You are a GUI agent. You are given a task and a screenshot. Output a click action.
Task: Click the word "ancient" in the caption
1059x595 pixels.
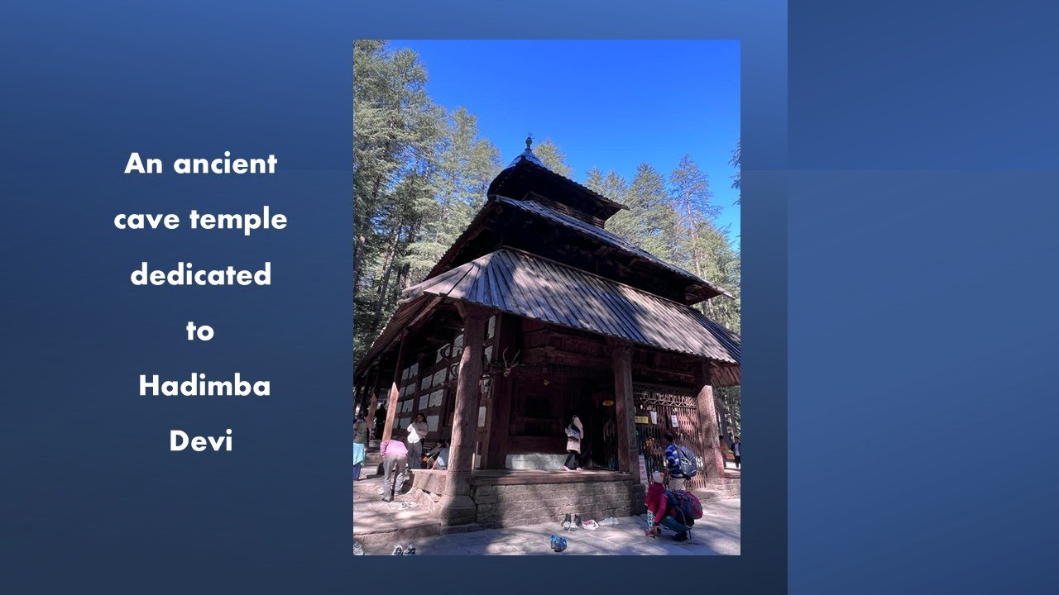click(x=225, y=164)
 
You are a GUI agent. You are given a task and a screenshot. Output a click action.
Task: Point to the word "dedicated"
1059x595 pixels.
click(x=200, y=274)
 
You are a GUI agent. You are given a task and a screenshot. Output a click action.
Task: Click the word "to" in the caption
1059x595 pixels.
click(x=199, y=331)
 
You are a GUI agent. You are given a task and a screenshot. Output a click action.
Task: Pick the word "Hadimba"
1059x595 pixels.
click(x=204, y=386)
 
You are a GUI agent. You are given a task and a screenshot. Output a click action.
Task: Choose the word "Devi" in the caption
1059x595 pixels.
click(x=200, y=441)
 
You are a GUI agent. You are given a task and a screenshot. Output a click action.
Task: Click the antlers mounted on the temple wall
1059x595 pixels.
click(x=510, y=361)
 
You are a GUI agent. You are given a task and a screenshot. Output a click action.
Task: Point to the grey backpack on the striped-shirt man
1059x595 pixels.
click(x=687, y=462)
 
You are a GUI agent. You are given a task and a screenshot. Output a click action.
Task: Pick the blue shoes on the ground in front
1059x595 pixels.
click(x=559, y=543)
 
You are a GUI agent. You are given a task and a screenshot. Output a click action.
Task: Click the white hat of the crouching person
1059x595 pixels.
click(x=659, y=478)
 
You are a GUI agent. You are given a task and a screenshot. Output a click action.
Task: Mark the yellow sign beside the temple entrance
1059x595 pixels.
click(x=640, y=419)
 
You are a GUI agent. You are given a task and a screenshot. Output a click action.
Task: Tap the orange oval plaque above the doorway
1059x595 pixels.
click(x=607, y=402)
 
